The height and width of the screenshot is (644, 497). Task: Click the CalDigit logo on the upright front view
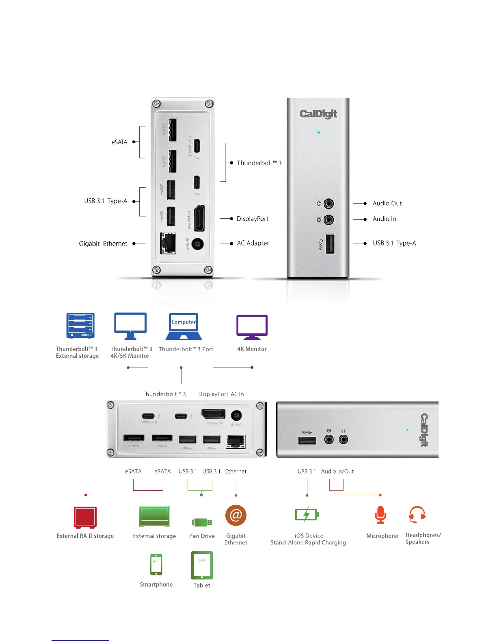point(318,114)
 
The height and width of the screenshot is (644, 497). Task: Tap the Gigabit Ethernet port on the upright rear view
point(168,243)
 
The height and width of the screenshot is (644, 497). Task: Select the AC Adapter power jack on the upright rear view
point(197,244)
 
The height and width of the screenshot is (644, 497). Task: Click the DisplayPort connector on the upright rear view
point(199,218)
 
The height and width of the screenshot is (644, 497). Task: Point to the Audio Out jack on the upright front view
point(328,203)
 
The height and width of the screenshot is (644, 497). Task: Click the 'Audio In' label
point(384,219)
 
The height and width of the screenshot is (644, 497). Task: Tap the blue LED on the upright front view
point(318,133)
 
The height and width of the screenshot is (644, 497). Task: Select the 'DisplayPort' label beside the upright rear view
point(252,219)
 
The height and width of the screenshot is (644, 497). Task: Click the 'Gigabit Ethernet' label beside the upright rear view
point(103,244)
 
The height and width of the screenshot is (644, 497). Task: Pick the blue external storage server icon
point(80,326)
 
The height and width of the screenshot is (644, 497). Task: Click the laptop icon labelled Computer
point(184,326)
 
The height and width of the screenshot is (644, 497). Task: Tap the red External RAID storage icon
point(85,517)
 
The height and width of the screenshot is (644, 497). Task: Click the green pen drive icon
point(202,522)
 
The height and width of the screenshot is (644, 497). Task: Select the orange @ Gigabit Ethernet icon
point(236,516)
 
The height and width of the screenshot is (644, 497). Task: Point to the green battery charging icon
point(307,515)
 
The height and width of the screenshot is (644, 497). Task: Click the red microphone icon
point(380,515)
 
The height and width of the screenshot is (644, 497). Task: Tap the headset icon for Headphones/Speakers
point(417,515)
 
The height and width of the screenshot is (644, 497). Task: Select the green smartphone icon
point(156,565)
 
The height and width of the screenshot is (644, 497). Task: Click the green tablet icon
point(202,565)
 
